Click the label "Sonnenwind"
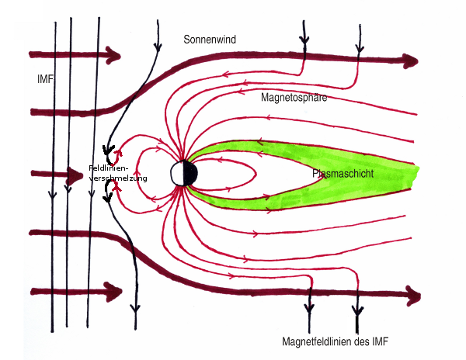[x=209, y=38]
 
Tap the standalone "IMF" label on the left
[x=45, y=79]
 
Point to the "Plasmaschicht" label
[x=343, y=175]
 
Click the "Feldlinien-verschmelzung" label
[x=119, y=173]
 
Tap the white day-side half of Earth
[x=179, y=173]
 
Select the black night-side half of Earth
[x=191, y=173]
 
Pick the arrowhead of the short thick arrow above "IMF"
[x=114, y=55]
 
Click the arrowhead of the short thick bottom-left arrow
[x=115, y=292]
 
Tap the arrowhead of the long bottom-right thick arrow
[x=413, y=296]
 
